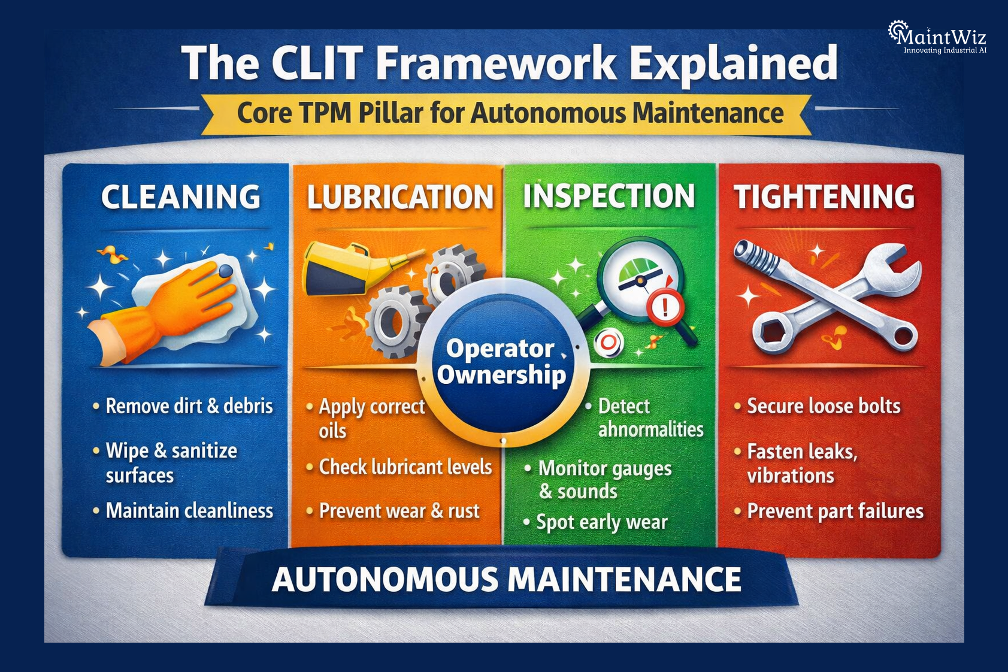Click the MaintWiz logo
pos(938,37)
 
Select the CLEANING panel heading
pos(181,197)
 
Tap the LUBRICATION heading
pos(400,198)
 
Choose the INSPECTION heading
pos(609,196)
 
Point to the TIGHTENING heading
pos(824,197)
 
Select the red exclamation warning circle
pos(665,308)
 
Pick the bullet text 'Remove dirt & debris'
pos(189,406)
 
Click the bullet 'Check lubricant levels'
pos(405,467)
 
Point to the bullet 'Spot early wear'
pos(601,522)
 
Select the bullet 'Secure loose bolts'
pos(824,406)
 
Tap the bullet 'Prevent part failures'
pos(835,511)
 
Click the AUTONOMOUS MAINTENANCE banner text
pos(506,579)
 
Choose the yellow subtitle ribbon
pos(509,113)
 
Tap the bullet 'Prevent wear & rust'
pos(399,511)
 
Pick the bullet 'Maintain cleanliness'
pos(189,511)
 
